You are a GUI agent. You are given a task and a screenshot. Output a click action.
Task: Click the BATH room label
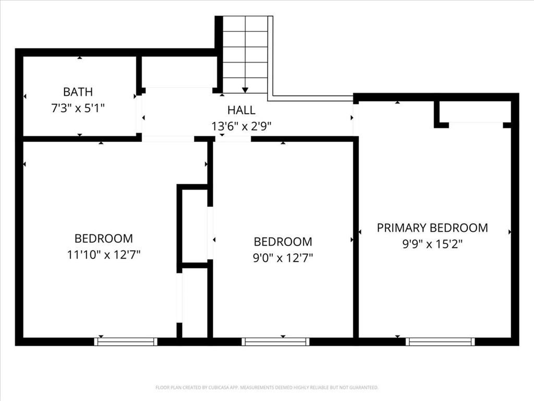click(78, 92)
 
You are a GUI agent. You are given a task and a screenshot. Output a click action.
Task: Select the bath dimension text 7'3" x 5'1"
click(78, 109)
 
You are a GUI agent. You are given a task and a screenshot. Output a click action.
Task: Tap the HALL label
click(241, 110)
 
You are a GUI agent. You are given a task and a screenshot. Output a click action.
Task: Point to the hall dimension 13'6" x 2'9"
click(241, 126)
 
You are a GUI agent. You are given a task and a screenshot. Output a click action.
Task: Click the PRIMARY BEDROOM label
click(432, 228)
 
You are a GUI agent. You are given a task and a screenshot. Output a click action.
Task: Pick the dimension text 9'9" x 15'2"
click(432, 243)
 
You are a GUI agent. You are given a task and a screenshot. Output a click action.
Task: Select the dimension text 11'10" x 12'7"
click(103, 255)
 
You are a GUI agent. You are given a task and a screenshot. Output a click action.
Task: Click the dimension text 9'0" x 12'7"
click(283, 258)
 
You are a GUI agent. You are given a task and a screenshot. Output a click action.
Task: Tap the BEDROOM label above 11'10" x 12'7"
click(103, 239)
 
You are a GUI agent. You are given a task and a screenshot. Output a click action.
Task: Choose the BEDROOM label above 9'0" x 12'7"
click(283, 242)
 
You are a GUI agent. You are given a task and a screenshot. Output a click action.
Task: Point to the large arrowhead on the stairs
click(245, 90)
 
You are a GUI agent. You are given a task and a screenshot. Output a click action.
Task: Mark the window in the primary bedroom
click(440, 342)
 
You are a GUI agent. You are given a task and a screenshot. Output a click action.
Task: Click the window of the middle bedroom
click(275, 342)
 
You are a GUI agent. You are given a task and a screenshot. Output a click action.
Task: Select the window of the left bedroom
click(126, 342)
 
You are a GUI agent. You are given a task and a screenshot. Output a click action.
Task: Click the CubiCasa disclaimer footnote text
click(266, 387)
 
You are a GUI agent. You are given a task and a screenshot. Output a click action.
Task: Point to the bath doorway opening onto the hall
click(139, 114)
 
